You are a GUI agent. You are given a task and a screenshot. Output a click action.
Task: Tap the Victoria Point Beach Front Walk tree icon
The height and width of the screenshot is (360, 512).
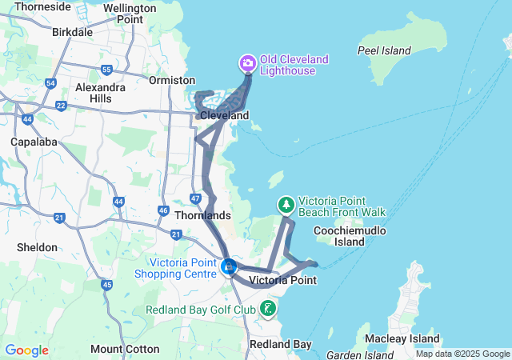[286, 206]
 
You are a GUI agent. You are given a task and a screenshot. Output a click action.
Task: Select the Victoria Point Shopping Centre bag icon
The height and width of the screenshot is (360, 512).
[229, 266]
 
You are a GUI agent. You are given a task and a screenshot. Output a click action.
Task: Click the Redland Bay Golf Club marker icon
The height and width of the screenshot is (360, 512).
[268, 309]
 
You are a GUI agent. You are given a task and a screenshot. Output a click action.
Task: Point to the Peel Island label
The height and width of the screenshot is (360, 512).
[384, 50]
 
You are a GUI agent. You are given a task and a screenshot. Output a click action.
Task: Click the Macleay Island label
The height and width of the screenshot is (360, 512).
[406, 338]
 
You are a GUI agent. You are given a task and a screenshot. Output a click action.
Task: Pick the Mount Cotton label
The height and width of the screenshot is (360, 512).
[118, 349]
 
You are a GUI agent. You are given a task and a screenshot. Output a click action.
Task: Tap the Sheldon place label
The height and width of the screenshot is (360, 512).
[37, 247]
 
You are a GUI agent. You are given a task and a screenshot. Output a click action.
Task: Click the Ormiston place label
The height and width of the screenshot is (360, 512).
[172, 80]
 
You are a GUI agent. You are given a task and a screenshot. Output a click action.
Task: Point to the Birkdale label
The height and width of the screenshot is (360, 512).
[73, 33]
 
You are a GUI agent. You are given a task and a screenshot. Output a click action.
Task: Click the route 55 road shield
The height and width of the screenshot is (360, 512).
[107, 70]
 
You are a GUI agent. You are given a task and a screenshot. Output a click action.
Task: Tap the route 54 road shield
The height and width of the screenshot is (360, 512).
[50, 83]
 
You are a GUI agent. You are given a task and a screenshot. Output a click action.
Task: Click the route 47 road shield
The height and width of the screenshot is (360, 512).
[195, 197]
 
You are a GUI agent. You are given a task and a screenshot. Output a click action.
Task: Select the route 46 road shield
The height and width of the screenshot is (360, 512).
[163, 210]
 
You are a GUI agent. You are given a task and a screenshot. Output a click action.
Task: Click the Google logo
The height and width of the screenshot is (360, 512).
[26, 350]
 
